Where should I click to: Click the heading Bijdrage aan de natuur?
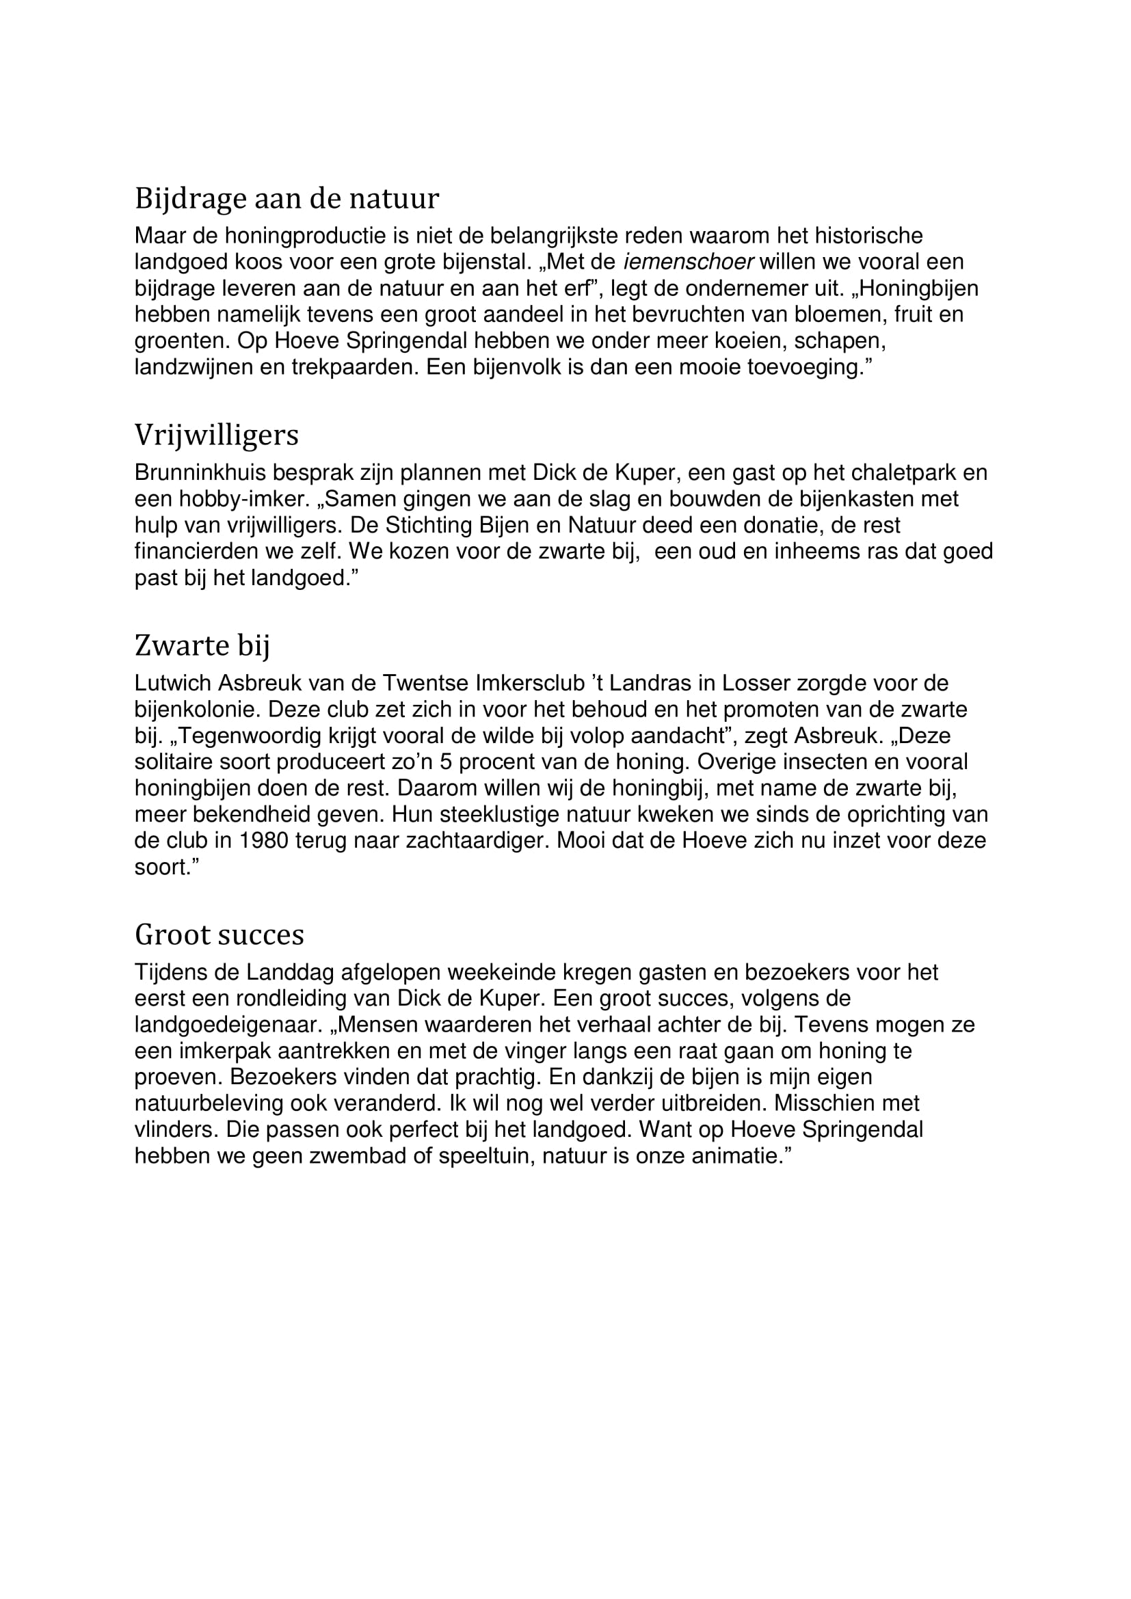point(287,199)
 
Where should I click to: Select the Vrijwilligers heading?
point(216,436)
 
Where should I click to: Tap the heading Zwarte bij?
point(201,645)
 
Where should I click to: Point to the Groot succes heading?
point(219,935)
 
